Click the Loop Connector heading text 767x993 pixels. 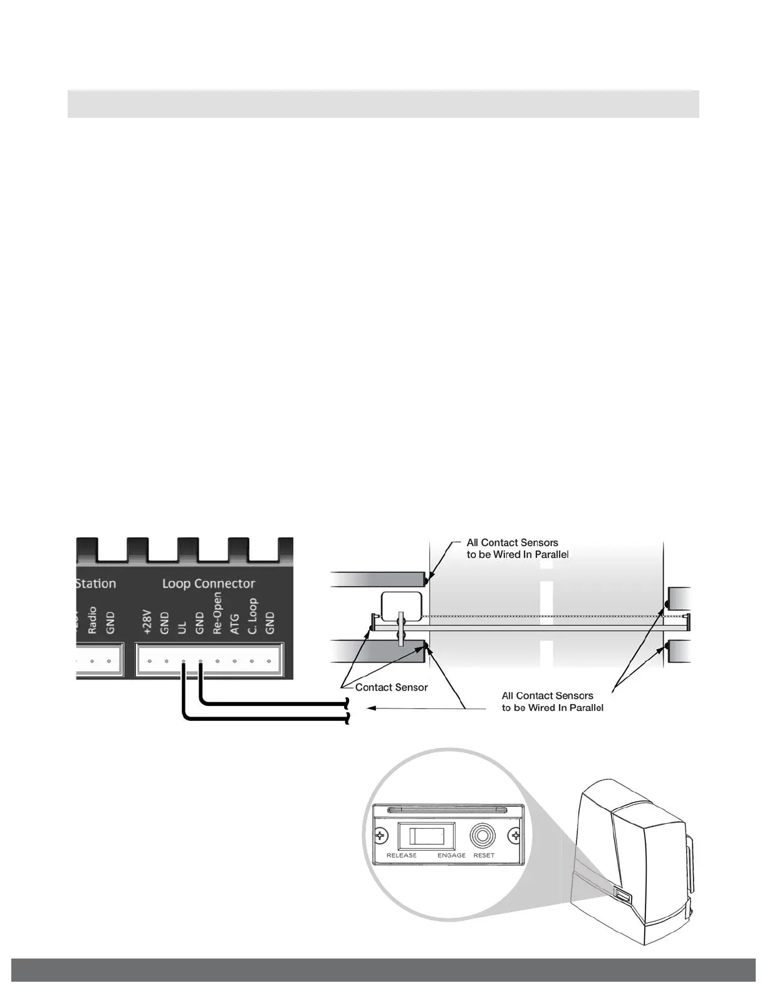(x=209, y=584)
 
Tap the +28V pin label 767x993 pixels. (x=149, y=622)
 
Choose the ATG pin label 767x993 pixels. (x=235, y=624)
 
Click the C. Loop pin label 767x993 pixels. (x=253, y=616)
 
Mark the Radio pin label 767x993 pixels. (x=92, y=620)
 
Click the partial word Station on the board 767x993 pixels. (x=96, y=584)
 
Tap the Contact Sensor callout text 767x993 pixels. (x=392, y=687)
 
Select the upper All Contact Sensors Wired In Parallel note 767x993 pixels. (x=518, y=549)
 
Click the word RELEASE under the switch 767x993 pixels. (x=402, y=855)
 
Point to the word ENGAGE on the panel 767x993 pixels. (x=451, y=855)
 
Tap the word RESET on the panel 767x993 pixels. (x=484, y=855)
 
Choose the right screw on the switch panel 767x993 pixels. (x=516, y=836)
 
